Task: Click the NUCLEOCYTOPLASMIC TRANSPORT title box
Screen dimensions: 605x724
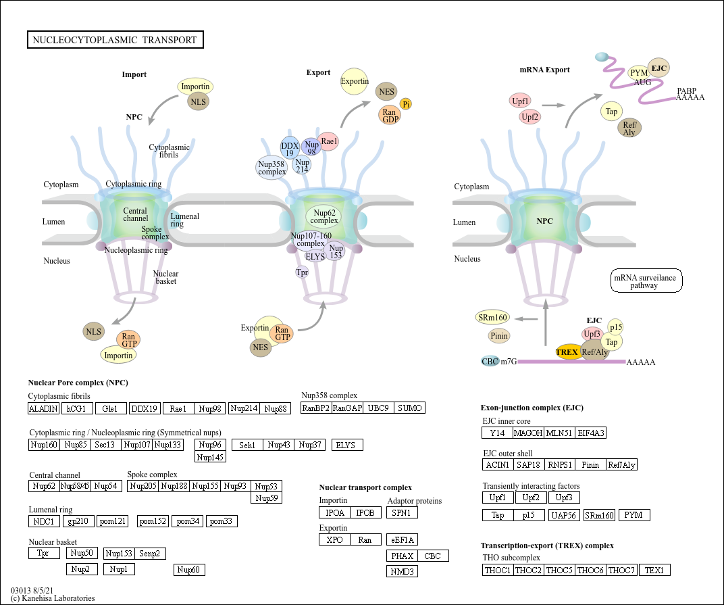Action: tap(115, 40)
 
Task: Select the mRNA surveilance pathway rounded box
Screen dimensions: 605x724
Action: tap(646, 281)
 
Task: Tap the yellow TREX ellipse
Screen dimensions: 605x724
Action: tap(567, 352)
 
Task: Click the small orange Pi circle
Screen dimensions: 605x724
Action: tap(406, 103)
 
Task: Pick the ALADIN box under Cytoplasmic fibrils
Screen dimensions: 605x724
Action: tap(43, 408)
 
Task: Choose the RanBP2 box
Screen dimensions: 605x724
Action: tap(316, 408)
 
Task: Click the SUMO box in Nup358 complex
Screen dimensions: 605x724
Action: tap(409, 408)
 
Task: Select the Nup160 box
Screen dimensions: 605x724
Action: tap(44, 444)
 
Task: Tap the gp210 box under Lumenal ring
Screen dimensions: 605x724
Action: tap(79, 521)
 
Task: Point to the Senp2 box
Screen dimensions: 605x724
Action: tap(150, 554)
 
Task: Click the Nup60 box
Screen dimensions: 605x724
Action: tap(189, 570)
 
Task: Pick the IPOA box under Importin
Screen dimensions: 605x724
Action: tap(334, 512)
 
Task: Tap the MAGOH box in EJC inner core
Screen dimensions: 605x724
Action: tap(527, 433)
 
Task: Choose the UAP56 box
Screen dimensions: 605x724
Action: tap(564, 515)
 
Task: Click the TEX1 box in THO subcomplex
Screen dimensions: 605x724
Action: tap(654, 570)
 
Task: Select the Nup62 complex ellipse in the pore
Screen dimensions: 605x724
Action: tap(324, 216)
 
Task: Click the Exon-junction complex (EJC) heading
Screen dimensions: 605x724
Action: tap(532, 408)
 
